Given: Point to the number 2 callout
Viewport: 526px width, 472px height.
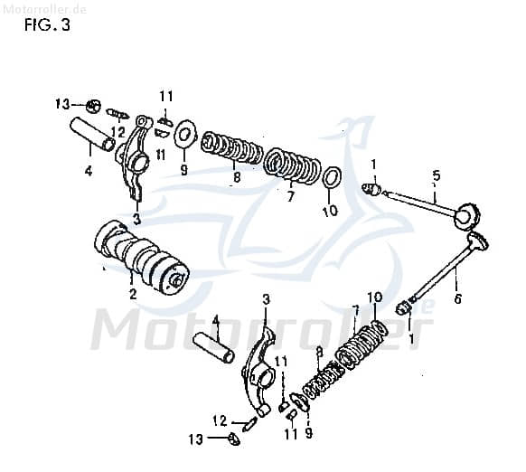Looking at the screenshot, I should click(133, 294).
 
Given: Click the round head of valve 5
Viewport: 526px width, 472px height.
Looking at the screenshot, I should click(466, 217).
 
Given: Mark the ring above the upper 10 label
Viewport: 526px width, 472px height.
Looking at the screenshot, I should click(331, 176).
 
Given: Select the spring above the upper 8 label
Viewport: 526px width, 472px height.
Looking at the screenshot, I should click(231, 147).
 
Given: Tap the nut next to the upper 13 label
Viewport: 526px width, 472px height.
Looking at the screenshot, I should click(93, 105).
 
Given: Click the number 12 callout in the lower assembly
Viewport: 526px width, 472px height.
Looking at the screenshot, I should click(218, 420).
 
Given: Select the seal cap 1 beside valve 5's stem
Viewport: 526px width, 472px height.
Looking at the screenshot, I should click(371, 189).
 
